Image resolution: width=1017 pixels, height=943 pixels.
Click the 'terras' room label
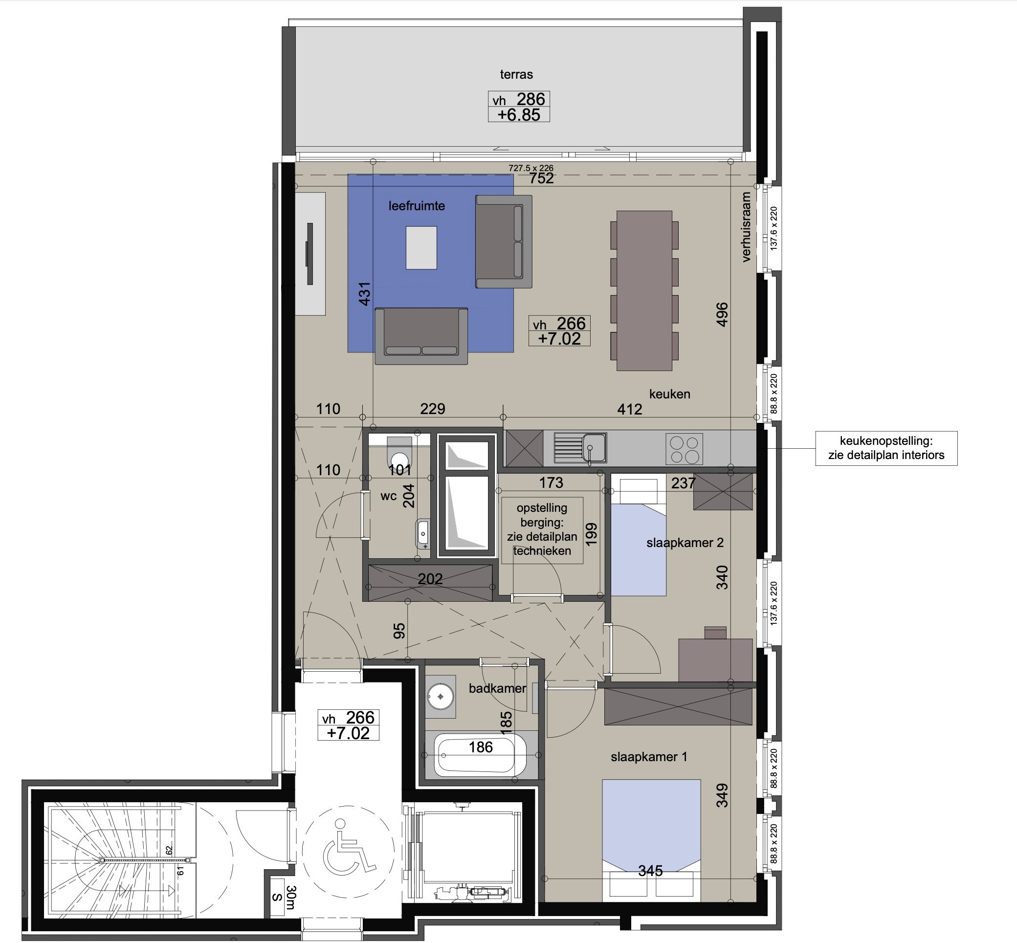coord(516,74)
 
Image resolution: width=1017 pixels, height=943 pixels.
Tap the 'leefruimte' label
coord(417,206)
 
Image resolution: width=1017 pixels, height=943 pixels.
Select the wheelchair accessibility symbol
coord(349,852)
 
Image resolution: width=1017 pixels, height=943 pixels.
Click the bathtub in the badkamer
coord(481,754)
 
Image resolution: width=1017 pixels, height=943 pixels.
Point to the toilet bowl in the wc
coord(399,450)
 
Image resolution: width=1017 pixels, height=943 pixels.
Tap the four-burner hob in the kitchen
coord(685,449)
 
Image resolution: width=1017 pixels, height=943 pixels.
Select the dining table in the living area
coord(644,290)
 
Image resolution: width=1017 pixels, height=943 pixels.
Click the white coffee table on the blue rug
coord(421,247)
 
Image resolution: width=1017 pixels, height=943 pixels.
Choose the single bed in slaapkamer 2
coord(639,534)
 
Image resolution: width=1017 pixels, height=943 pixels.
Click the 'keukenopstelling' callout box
coord(886,448)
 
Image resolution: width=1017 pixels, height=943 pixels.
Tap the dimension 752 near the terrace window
coord(541,178)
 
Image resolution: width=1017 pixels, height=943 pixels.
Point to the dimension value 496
coord(722,314)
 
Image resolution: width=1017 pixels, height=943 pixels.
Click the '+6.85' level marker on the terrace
coord(518,115)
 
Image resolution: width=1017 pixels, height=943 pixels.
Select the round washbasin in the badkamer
coord(441,697)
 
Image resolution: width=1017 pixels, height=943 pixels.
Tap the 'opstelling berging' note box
coord(542,530)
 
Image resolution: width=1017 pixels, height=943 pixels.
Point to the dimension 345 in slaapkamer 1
coord(650,871)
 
